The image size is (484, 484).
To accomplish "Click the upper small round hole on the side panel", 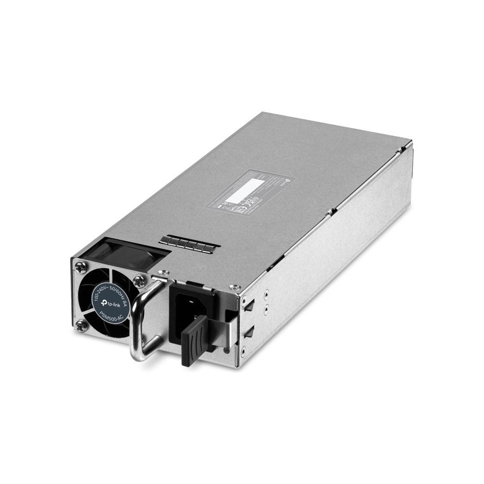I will [x=265, y=293].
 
